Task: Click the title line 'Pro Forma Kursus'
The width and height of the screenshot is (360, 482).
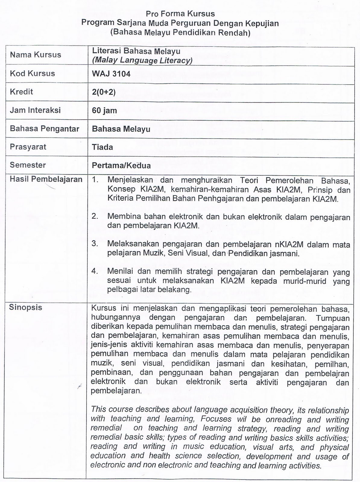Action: click(x=180, y=14)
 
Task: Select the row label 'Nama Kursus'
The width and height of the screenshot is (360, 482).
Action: click(x=35, y=55)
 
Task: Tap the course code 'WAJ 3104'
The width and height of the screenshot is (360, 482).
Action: click(x=111, y=74)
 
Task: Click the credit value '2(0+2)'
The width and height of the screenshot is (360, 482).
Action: click(x=104, y=92)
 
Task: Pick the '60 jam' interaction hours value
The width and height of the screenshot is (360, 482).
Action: click(x=104, y=111)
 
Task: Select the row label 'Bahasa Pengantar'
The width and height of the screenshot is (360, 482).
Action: click(x=44, y=129)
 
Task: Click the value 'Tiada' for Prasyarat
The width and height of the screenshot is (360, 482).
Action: click(x=103, y=147)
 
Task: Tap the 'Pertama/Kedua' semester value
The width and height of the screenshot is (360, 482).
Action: click(x=121, y=165)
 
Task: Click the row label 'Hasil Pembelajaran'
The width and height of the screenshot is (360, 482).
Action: click(x=46, y=179)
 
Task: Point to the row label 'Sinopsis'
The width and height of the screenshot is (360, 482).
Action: click(x=26, y=308)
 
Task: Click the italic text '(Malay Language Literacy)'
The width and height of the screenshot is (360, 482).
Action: click(x=142, y=60)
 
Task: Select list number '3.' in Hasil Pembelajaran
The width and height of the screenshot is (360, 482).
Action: click(x=95, y=243)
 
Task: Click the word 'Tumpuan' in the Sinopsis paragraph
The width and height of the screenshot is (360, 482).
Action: click(x=333, y=318)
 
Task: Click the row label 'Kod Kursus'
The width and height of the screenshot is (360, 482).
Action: click(x=32, y=74)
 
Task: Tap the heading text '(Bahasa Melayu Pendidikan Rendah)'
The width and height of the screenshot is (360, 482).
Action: click(x=180, y=33)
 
